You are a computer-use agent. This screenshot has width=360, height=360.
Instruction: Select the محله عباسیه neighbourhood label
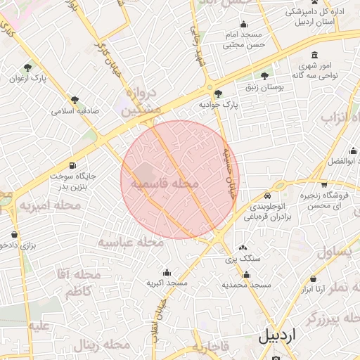(130, 242)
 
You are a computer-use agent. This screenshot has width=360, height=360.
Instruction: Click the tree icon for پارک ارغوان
(27, 67)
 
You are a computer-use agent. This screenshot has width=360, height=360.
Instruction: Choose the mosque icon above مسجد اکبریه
(167, 272)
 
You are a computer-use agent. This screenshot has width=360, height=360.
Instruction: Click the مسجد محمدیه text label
(246, 285)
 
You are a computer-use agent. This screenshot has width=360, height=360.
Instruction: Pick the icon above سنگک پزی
(243, 248)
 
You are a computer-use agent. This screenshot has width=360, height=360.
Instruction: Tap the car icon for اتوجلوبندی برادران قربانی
(267, 195)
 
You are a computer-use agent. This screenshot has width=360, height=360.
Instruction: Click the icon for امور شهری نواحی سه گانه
(315, 56)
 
